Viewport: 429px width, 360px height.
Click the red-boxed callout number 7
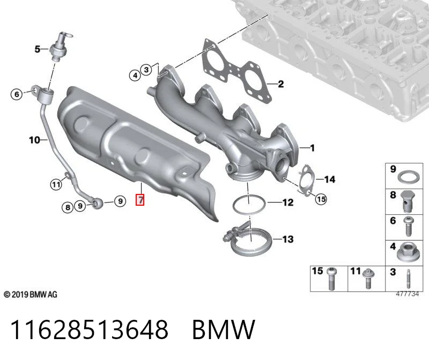[x=140, y=199]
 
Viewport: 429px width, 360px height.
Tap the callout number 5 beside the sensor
[x=37, y=49]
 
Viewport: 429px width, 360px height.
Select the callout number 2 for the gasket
[x=280, y=84]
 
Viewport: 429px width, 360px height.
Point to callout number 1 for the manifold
[x=312, y=148]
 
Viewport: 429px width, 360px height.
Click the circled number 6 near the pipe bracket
[x=17, y=94]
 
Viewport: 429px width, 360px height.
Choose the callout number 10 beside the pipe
[x=34, y=140]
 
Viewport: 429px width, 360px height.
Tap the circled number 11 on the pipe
[x=56, y=184]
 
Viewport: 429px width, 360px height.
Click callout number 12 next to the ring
[x=288, y=202]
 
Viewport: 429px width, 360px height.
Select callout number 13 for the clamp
[x=288, y=239]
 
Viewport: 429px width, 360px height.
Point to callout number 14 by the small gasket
[x=330, y=179]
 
